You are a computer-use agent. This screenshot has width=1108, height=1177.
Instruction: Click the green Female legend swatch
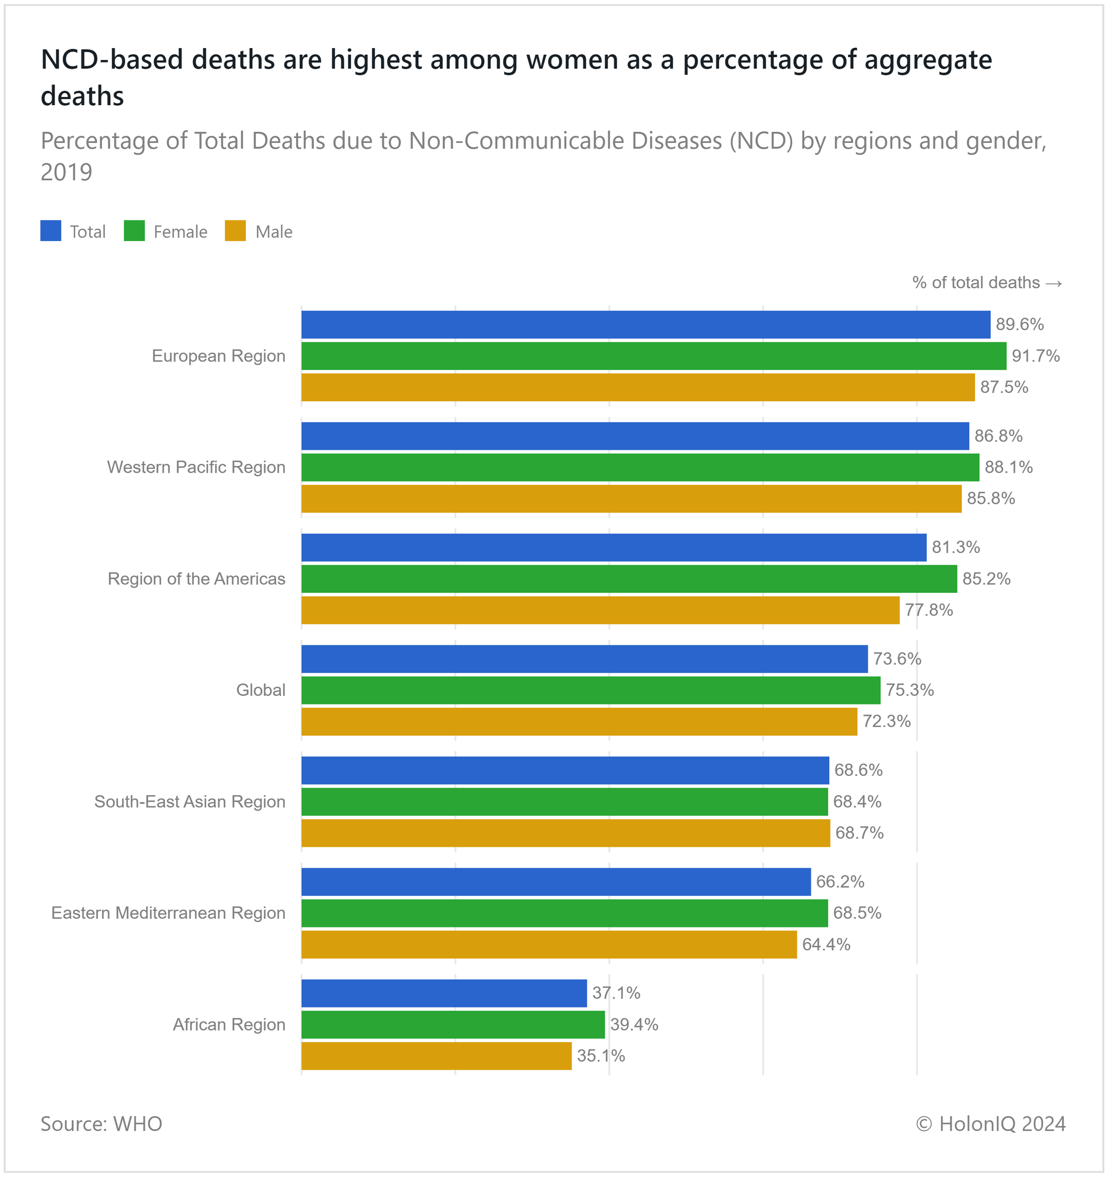135,231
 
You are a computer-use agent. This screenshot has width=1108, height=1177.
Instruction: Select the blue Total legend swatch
51,231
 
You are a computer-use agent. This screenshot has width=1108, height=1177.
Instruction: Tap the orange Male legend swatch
235,231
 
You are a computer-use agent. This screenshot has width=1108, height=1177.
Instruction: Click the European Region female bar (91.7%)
653,356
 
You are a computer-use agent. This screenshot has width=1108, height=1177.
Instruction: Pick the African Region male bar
436,1056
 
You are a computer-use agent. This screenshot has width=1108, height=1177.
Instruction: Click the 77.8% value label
929,610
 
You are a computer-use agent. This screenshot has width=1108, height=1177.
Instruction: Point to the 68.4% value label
857,802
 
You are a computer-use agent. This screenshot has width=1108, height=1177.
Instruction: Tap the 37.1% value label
616,993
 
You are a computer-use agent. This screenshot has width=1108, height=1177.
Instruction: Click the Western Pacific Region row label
196,467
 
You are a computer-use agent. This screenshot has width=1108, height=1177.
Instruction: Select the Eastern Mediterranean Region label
168,913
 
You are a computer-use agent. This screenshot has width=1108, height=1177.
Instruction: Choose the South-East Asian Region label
189,802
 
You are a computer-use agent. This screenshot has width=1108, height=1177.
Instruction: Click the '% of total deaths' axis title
987,283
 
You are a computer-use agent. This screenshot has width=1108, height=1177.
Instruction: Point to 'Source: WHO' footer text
101,1124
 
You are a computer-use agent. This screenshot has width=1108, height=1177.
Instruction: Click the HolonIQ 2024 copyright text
990,1124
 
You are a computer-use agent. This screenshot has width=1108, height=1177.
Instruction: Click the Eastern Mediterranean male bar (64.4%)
548,944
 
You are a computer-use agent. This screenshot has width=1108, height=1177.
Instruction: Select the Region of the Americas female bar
629,579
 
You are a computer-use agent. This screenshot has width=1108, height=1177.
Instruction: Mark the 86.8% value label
998,436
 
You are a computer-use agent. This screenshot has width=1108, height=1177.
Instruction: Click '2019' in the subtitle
66,172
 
